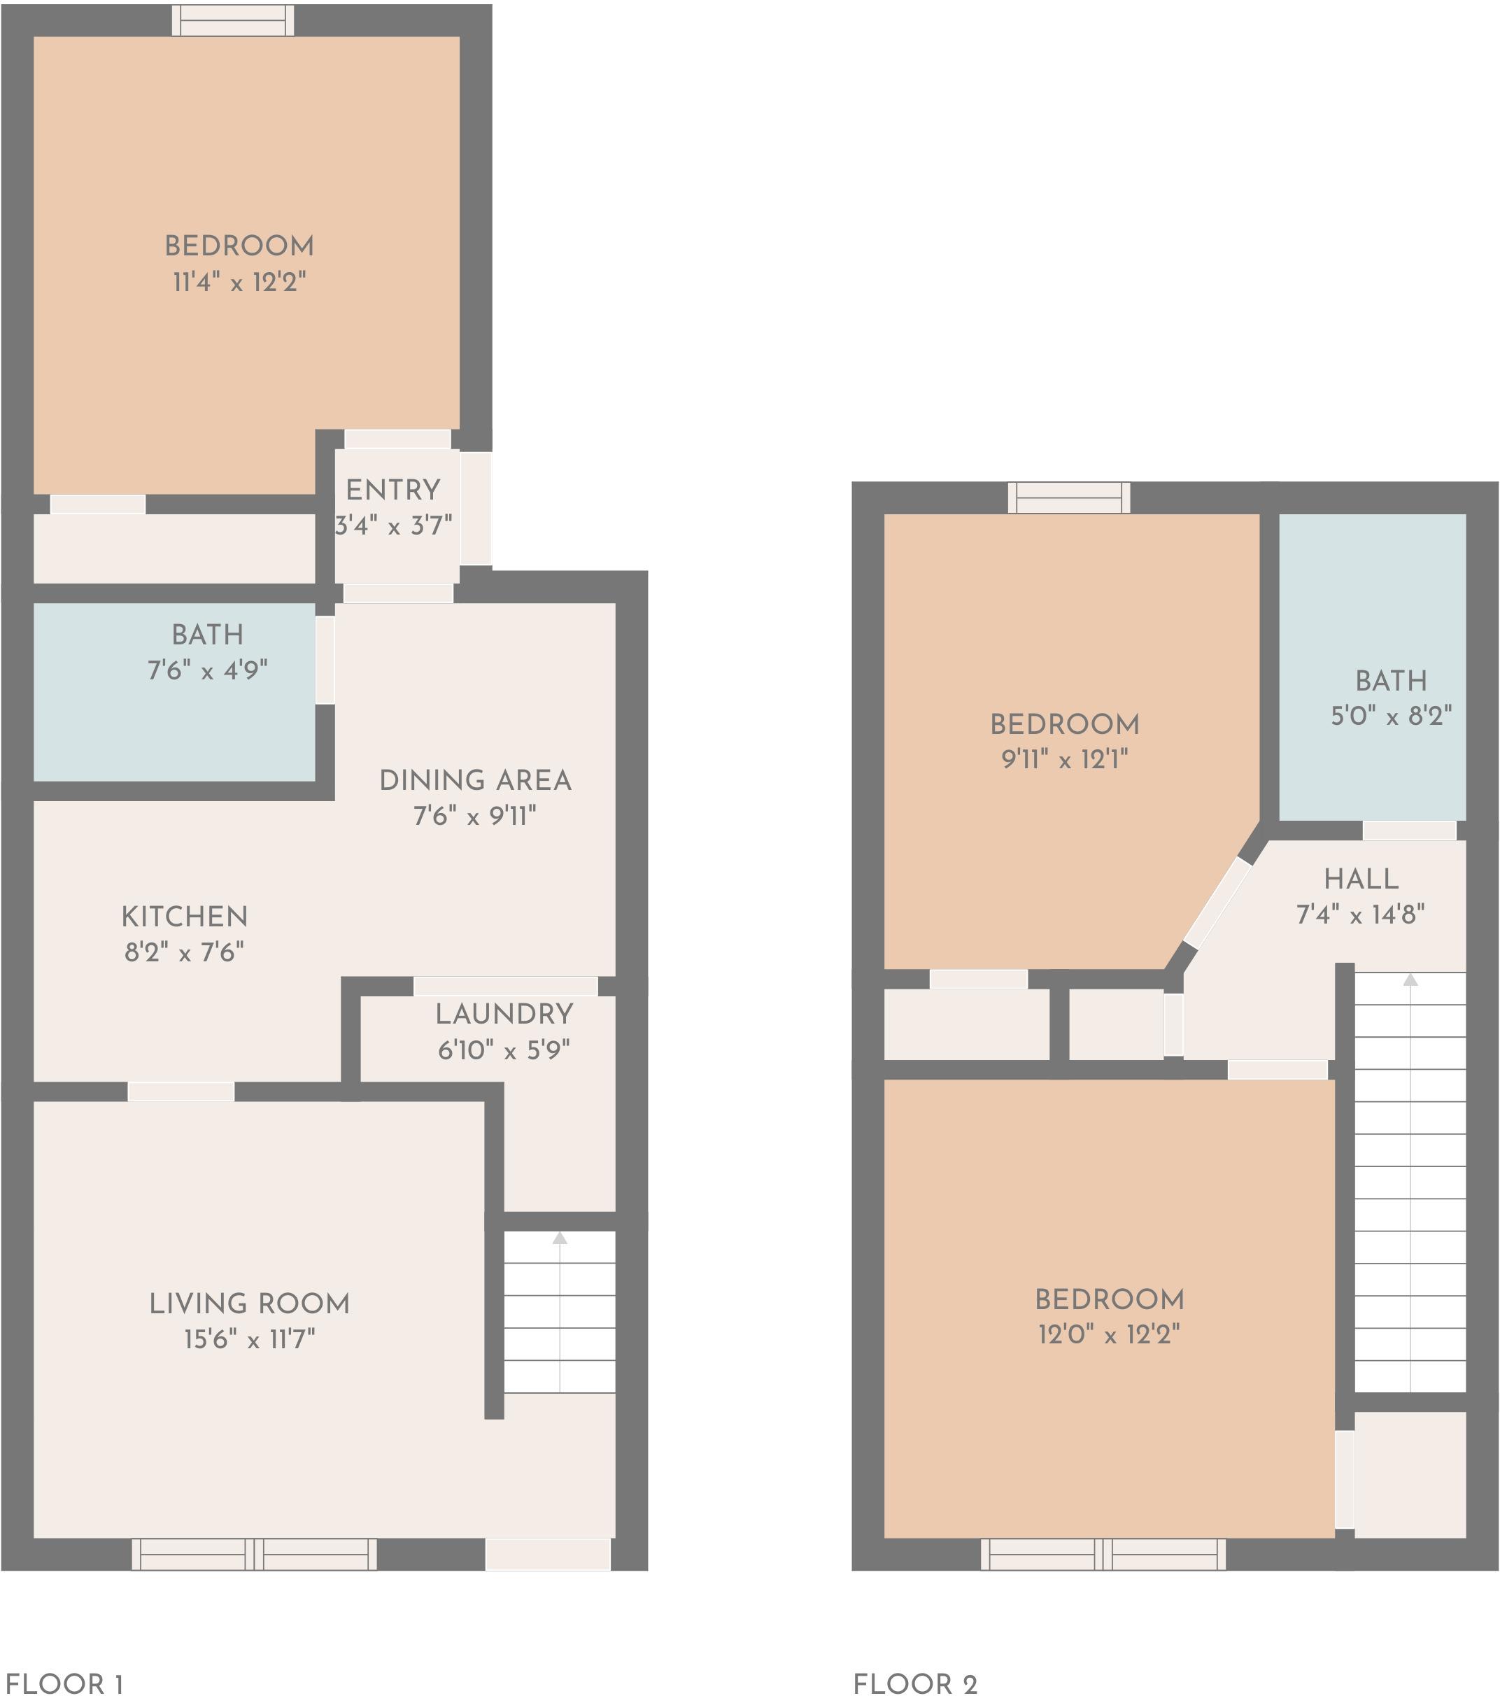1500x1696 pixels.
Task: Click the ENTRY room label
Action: tap(392, 490)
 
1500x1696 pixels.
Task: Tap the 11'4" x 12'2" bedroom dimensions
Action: tap(239, 282)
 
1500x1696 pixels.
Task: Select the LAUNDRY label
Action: tap(504, 1013)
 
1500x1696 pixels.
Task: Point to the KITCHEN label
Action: tap(184, 916)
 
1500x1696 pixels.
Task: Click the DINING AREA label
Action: tap(475, 780)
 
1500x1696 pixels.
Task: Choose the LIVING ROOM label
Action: tap(249, 1303)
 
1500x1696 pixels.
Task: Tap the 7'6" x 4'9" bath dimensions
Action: tap(207, 670)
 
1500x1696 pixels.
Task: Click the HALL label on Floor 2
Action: tap(1361, 878)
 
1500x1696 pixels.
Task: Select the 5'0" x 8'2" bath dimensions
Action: tap(1392, 715)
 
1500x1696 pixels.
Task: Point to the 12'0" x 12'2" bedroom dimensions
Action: tap(1108, 1334)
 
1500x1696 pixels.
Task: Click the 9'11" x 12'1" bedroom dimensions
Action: tap(1064, 758)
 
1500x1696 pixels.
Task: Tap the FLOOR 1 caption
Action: tap(64, 1683)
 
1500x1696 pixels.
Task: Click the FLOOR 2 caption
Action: tap(915, 1683)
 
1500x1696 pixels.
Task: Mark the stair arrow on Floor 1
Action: tap(560, 1238)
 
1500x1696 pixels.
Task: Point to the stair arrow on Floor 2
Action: tap(1410, 980)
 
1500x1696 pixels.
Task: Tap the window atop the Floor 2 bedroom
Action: tap(1068, 498)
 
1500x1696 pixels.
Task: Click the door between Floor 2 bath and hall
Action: tap(1410, 830)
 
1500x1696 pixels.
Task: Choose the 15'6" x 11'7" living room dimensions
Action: tap(249, 1338)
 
